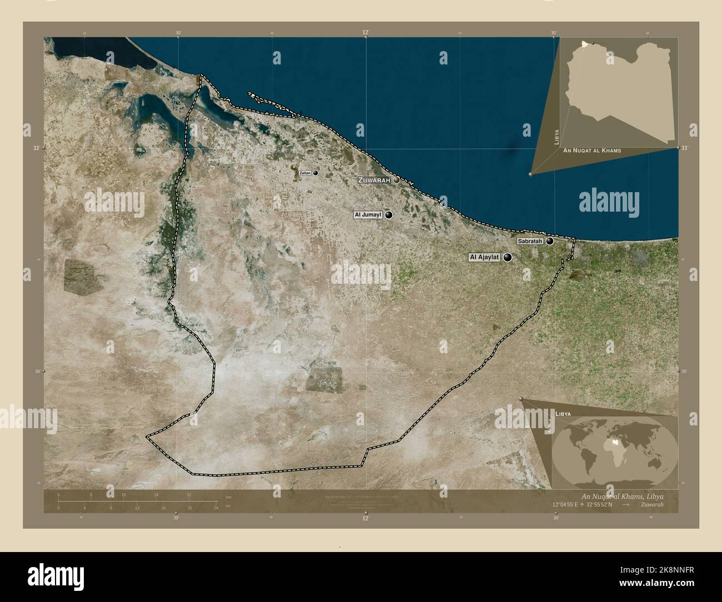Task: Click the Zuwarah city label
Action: pos(375,180)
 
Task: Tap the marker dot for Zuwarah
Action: pos(397,180)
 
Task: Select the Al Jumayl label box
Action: pos(368,214)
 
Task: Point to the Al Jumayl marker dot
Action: pos(389,215)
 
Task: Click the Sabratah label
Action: pos(529,242)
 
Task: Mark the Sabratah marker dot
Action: pos(550,241)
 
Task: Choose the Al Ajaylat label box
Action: pos(485,257)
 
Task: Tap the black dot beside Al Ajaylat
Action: pos(508,257)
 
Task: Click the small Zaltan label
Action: pos(305,173)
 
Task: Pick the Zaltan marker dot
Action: pos(315,173)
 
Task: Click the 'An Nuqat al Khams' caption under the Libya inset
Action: pos(591,150)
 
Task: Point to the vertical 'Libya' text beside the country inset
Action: pos(556,136)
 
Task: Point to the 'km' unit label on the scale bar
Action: pos(228,496)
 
